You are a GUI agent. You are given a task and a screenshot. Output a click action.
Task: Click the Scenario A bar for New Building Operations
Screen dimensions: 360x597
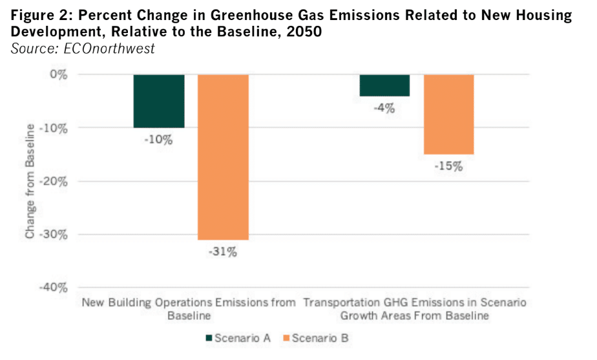tap(159, 101)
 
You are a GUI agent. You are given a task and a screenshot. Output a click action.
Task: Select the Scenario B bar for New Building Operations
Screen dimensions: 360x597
tap(223, 157)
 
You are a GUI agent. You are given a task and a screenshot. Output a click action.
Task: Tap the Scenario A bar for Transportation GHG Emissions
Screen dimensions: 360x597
tap(384, 85)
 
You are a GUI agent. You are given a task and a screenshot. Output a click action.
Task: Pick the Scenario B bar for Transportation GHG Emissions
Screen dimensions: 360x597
tap(448, 114)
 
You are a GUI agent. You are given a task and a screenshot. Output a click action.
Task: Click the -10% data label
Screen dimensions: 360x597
tap(159, 139)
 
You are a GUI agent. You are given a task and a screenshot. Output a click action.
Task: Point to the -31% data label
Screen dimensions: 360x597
tap(223, 252)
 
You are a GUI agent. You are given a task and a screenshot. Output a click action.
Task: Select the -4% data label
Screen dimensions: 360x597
tap(384, 109)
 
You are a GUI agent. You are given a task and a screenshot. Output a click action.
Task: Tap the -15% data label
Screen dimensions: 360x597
tap(448, 167)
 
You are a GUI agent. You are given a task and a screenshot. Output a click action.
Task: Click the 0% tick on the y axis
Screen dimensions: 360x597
tap(58, 74)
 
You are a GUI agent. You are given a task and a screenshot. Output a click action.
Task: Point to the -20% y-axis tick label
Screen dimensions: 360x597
tap(54, 181)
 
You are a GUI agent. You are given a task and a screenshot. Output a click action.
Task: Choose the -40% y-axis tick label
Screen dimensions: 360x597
tap(54, 288)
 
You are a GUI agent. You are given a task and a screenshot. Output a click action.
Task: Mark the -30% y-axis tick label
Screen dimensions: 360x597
tap(54, 234)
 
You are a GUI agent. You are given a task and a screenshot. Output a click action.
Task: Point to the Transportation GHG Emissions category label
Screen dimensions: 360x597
tap(415, 309)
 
